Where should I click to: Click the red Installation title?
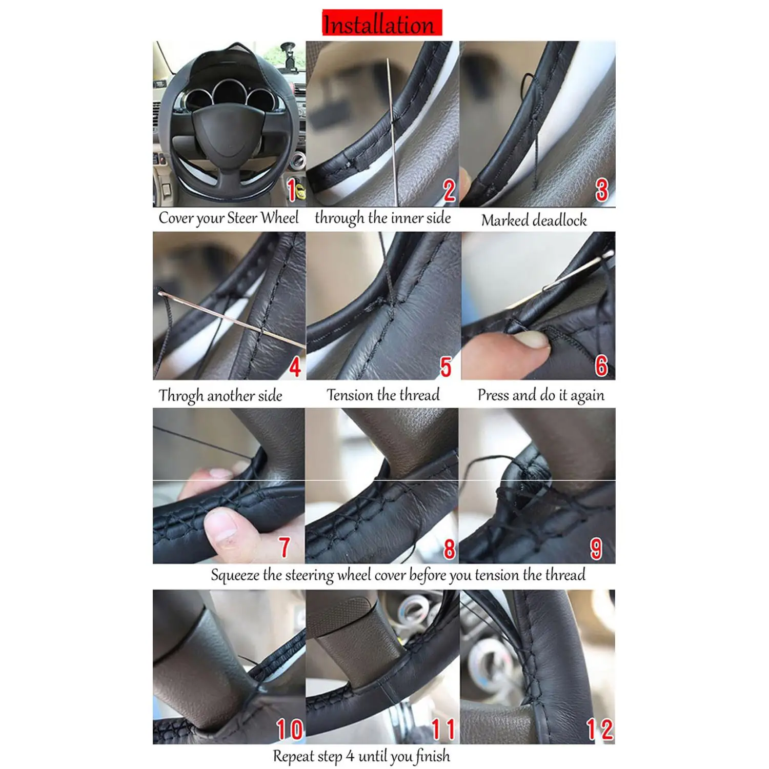tap(382, 23)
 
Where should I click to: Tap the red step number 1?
tap(292, 190)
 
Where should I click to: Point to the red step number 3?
tap(602, 190)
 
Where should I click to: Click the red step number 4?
tap(295, 367)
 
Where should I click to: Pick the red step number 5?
tap(446, 367)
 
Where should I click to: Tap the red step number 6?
tap(601, 366)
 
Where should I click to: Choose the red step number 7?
tap(285, 547)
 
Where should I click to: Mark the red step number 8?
tap(450, 549)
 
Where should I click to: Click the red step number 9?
tap(596, 549)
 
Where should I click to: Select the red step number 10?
tap(290, 730)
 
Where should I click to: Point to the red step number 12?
tap(600, 729)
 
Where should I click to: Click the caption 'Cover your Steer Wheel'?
tap(229, 218)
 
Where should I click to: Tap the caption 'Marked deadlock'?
tap(534, 220)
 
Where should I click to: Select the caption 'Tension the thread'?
tap(383, 395)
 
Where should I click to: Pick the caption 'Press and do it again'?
tap(541, 395)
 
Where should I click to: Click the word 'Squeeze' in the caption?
tap(235, 575)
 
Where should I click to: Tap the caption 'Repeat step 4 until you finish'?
tap(361, 756)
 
